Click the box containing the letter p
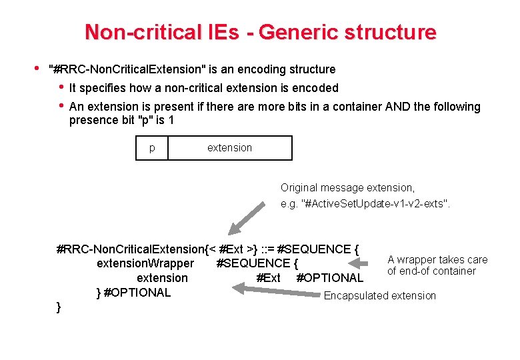point(152,148)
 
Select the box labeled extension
point(229,148)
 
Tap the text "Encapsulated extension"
point(379,295)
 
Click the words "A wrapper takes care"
point(437,259)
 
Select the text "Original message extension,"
point(347,188)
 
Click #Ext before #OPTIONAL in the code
point(268,278)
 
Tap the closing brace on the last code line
point(59,307)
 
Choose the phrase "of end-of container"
point(431,271)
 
